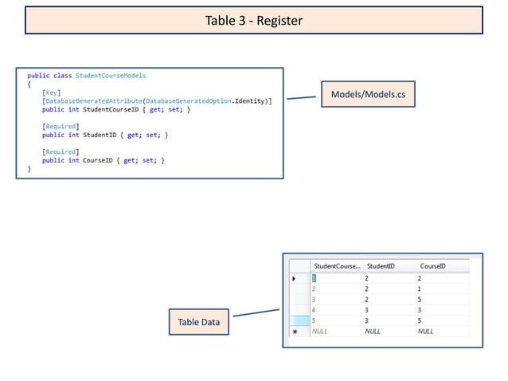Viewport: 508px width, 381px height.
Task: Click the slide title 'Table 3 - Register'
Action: (x=253, y=21)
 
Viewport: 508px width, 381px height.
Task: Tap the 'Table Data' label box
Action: (x=198, y=323)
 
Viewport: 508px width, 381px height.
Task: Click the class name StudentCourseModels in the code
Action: (x=111, y=76)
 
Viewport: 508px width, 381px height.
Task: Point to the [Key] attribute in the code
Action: (x=49, y=92)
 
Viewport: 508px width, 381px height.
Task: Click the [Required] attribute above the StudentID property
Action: (x=60, y=127)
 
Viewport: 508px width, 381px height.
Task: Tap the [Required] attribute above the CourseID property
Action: (x=60, y=151)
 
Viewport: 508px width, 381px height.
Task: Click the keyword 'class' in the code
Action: (x=62, y=76)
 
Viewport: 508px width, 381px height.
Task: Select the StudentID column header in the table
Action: (x=380, y=265)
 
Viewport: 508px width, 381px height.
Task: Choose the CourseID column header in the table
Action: (x=432, y=265)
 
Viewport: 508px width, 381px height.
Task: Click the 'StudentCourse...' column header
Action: (x=337, y=265)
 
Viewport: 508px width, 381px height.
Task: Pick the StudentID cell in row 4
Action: (x=367, y=310)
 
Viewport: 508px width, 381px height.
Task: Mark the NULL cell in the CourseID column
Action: (x=426, y=331)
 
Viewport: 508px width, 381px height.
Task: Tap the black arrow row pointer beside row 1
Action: (x=295, y=278)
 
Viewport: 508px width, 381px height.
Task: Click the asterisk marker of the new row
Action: (x=295, y=331)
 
